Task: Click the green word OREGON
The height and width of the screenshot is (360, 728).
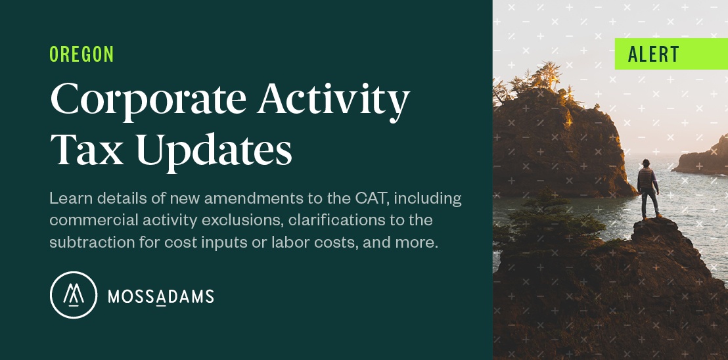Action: tap(81, 55)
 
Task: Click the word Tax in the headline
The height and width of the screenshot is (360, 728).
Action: tap(87, 149)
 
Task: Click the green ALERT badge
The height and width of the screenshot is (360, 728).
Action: tap(671, 54)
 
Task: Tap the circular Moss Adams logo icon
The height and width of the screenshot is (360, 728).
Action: tap(74, 295)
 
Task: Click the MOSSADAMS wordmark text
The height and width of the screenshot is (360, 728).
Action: tap(160, 296)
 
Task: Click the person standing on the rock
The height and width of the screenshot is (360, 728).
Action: tap(648, 189)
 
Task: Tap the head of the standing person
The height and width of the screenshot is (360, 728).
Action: tap(646, 163)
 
